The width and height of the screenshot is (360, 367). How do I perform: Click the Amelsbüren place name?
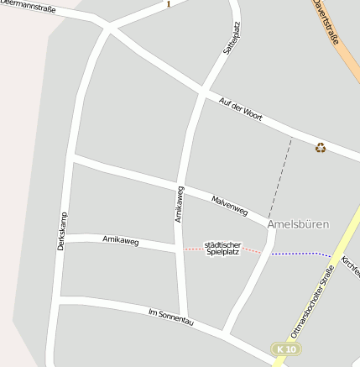(x=298, y=224)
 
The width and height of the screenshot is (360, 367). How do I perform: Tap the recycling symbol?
(x=321, y=148)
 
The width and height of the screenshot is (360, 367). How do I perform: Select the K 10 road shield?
(x=286, y=349)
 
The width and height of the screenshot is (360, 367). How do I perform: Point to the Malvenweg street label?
(x=229, y=207)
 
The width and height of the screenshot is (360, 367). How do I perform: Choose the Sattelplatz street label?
(x=232, y=39)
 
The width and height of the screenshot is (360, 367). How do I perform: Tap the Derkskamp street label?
(x=61, y=230)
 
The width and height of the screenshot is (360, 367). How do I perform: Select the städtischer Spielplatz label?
(x=222, y=248)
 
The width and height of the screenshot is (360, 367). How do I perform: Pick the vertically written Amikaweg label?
(x=179, y=203)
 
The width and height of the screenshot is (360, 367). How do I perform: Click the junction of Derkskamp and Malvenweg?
(x=74, y=156)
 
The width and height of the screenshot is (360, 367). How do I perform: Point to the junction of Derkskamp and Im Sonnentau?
(x=60, y=296)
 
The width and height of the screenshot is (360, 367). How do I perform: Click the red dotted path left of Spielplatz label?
(x=192, y=249)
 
